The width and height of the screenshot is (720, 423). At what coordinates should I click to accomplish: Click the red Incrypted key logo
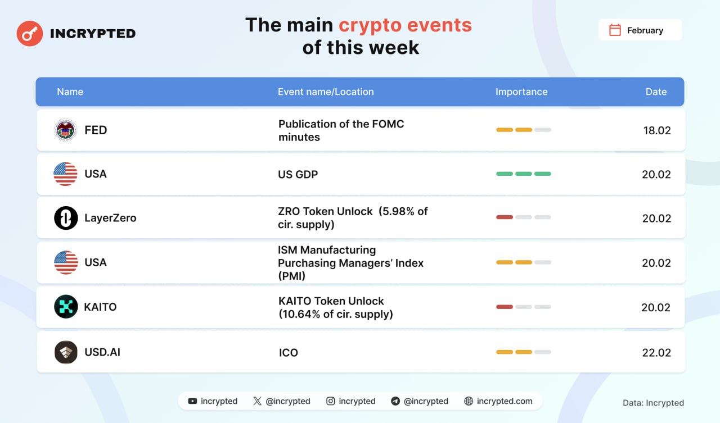[x=30, y=33]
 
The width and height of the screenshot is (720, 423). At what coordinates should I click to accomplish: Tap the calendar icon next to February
[x=615, y=30]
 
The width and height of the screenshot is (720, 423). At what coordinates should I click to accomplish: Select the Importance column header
[x=521, y=92]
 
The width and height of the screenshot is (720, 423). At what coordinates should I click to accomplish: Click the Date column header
[x=656, y=92]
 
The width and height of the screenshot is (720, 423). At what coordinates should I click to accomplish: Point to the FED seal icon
[x=65, y=130]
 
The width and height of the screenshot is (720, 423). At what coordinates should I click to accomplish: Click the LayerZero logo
[x=66, y=218]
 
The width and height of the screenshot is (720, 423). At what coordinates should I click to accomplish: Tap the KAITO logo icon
[x=66, y=307]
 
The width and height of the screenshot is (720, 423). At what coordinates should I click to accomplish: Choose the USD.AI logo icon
[x=66, y=352]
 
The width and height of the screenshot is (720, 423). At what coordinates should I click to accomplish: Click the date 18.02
[x=657, y=131]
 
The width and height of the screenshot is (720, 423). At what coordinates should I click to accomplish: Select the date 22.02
[x=656, y=353]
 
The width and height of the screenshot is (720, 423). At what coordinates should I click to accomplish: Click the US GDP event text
[x=298, y=174]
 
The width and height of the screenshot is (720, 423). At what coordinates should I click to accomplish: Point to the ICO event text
[x=289, y=353]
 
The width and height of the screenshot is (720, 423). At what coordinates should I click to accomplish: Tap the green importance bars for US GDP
[x=524, y=174]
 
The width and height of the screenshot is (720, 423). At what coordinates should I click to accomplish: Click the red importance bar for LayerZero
[x=505, y=217]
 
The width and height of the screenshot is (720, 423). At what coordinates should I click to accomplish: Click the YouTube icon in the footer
[x=192, y=401]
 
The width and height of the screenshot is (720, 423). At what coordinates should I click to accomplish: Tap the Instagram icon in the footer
[x=330, y=401]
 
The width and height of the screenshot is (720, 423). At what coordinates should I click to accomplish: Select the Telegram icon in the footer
[x=395, y=401]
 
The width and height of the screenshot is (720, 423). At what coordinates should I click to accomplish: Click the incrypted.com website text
[x=505, y=401]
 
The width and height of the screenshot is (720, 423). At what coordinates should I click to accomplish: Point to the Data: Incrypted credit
[x=653, y=403]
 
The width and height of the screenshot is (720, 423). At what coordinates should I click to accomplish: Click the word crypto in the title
[x=370, y=26]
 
